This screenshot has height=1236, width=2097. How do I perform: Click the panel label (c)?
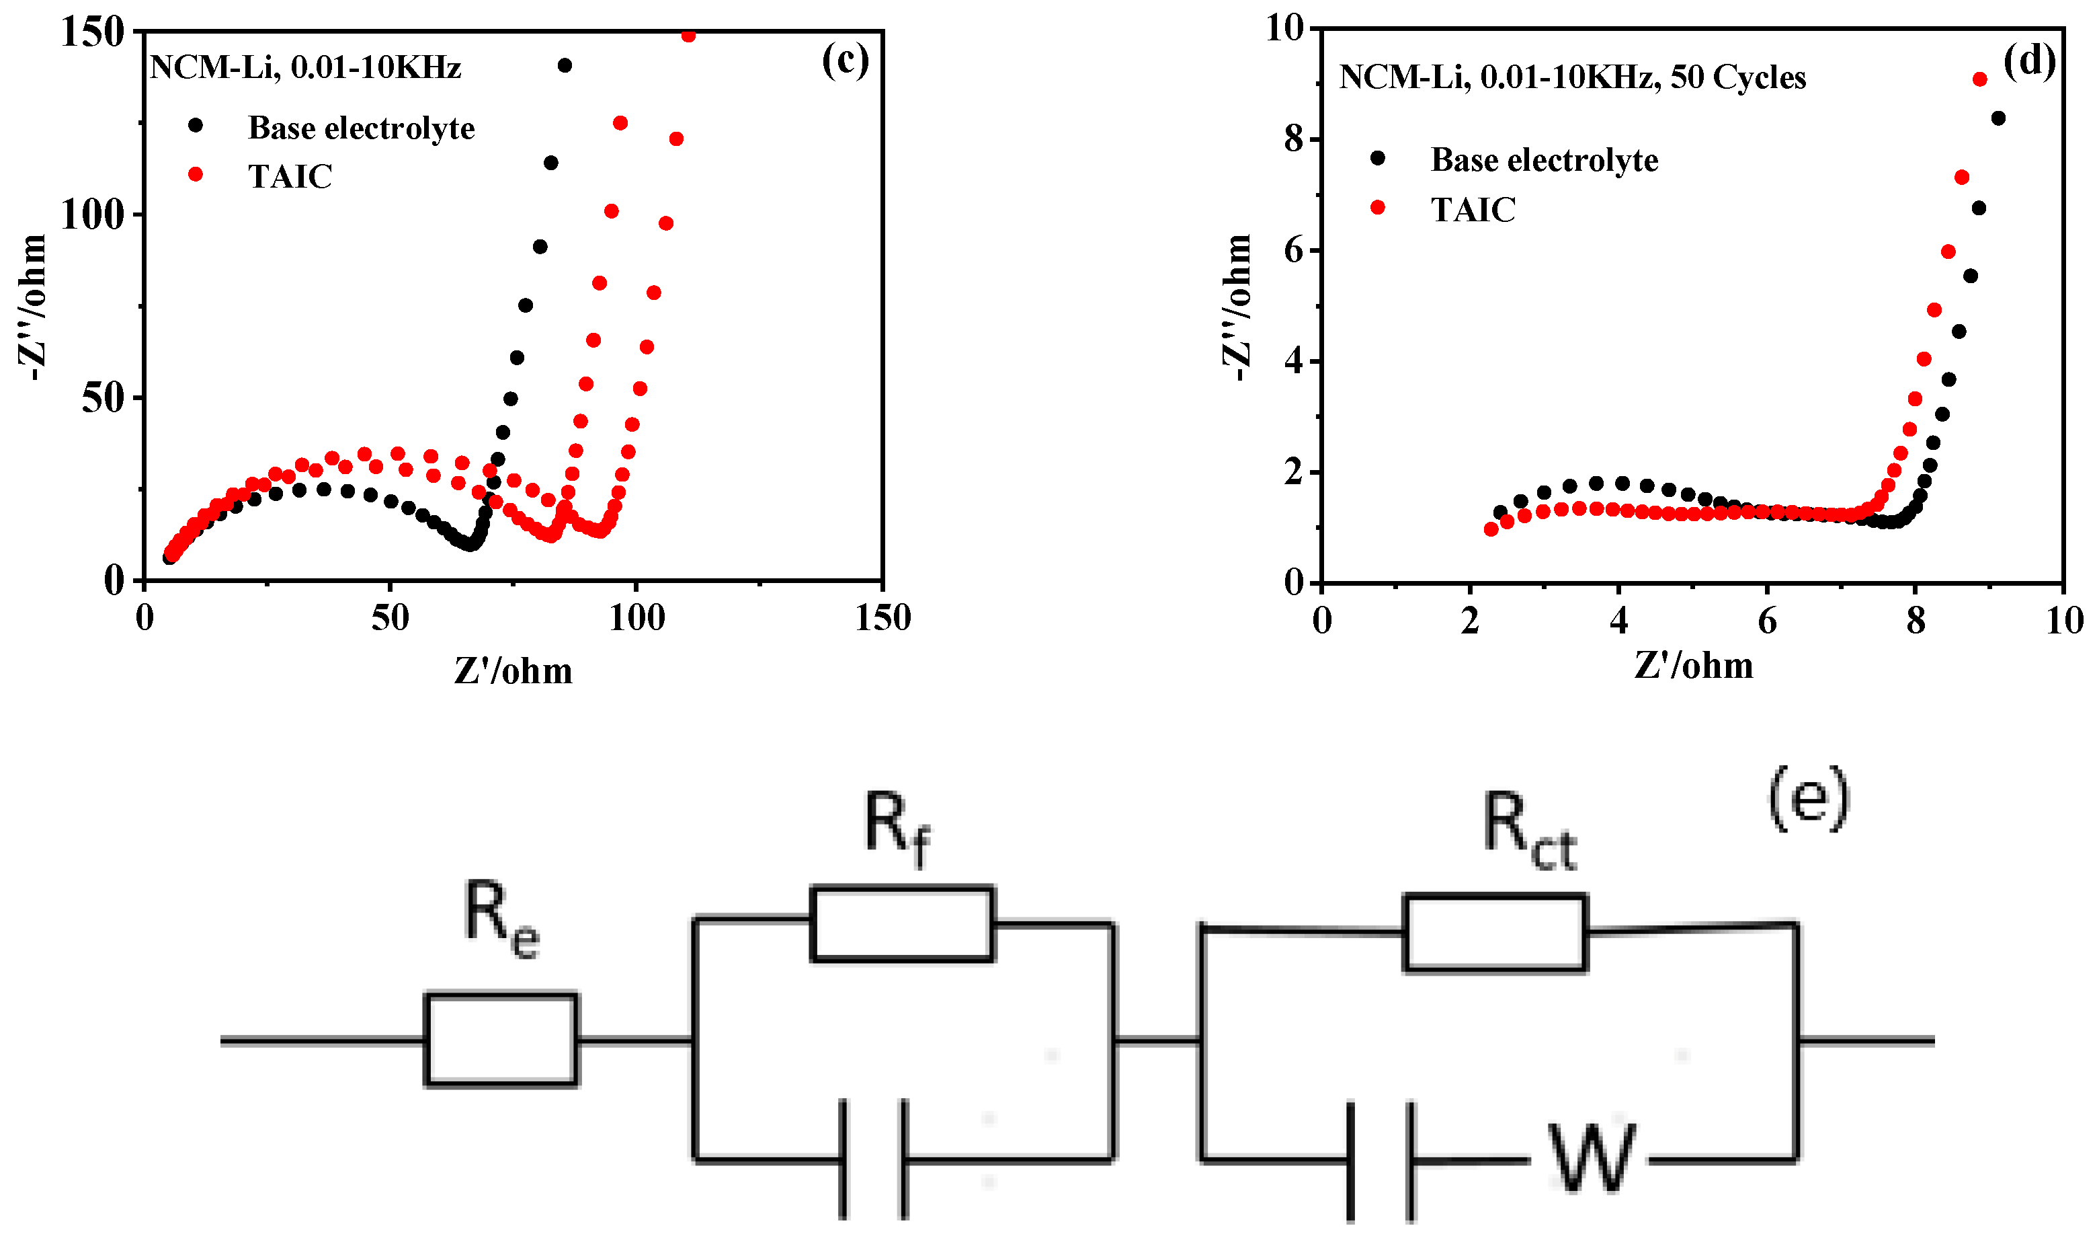coord(844,60)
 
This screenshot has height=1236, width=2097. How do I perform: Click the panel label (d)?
coord(2028,60)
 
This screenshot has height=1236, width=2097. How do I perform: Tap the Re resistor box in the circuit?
coord(501,1040)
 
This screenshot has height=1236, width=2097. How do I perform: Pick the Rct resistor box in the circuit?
coord(1495,932)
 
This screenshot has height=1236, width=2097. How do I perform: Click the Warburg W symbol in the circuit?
coord(1591,1159)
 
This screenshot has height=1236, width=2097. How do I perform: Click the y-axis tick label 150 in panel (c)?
coord(92,34)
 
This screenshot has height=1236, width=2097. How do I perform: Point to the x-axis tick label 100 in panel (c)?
coord(636,618)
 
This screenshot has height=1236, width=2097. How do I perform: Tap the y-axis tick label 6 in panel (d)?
coord(1293,250)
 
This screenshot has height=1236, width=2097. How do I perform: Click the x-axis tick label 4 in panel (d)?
coord(1618,621)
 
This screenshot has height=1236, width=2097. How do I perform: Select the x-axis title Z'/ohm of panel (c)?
coord(513,670)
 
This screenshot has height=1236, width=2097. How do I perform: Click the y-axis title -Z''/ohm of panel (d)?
coord(1238,308)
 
